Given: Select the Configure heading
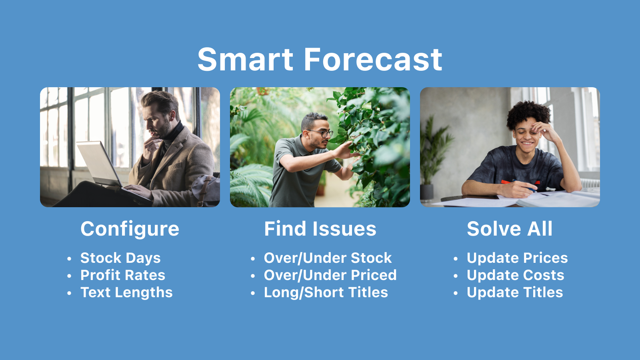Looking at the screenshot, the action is (x=130, y=229).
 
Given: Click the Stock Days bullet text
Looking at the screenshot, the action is (x=120, y=258).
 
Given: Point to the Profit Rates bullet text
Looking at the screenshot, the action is (x=123, y=275).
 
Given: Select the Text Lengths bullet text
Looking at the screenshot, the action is (x=126, y=292).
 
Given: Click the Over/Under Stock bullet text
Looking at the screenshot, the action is (x=328, y=258).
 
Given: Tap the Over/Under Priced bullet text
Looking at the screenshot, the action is (x=330, y=275).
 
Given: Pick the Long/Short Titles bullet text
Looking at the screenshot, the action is (x=326, y=292).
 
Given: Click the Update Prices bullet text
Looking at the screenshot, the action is (x=517, y=258).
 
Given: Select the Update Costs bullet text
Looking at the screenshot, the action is (x=516, y=275).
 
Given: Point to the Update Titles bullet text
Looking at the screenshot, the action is (x=515, y=292).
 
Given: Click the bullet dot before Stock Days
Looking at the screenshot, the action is (x=69, y=259).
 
